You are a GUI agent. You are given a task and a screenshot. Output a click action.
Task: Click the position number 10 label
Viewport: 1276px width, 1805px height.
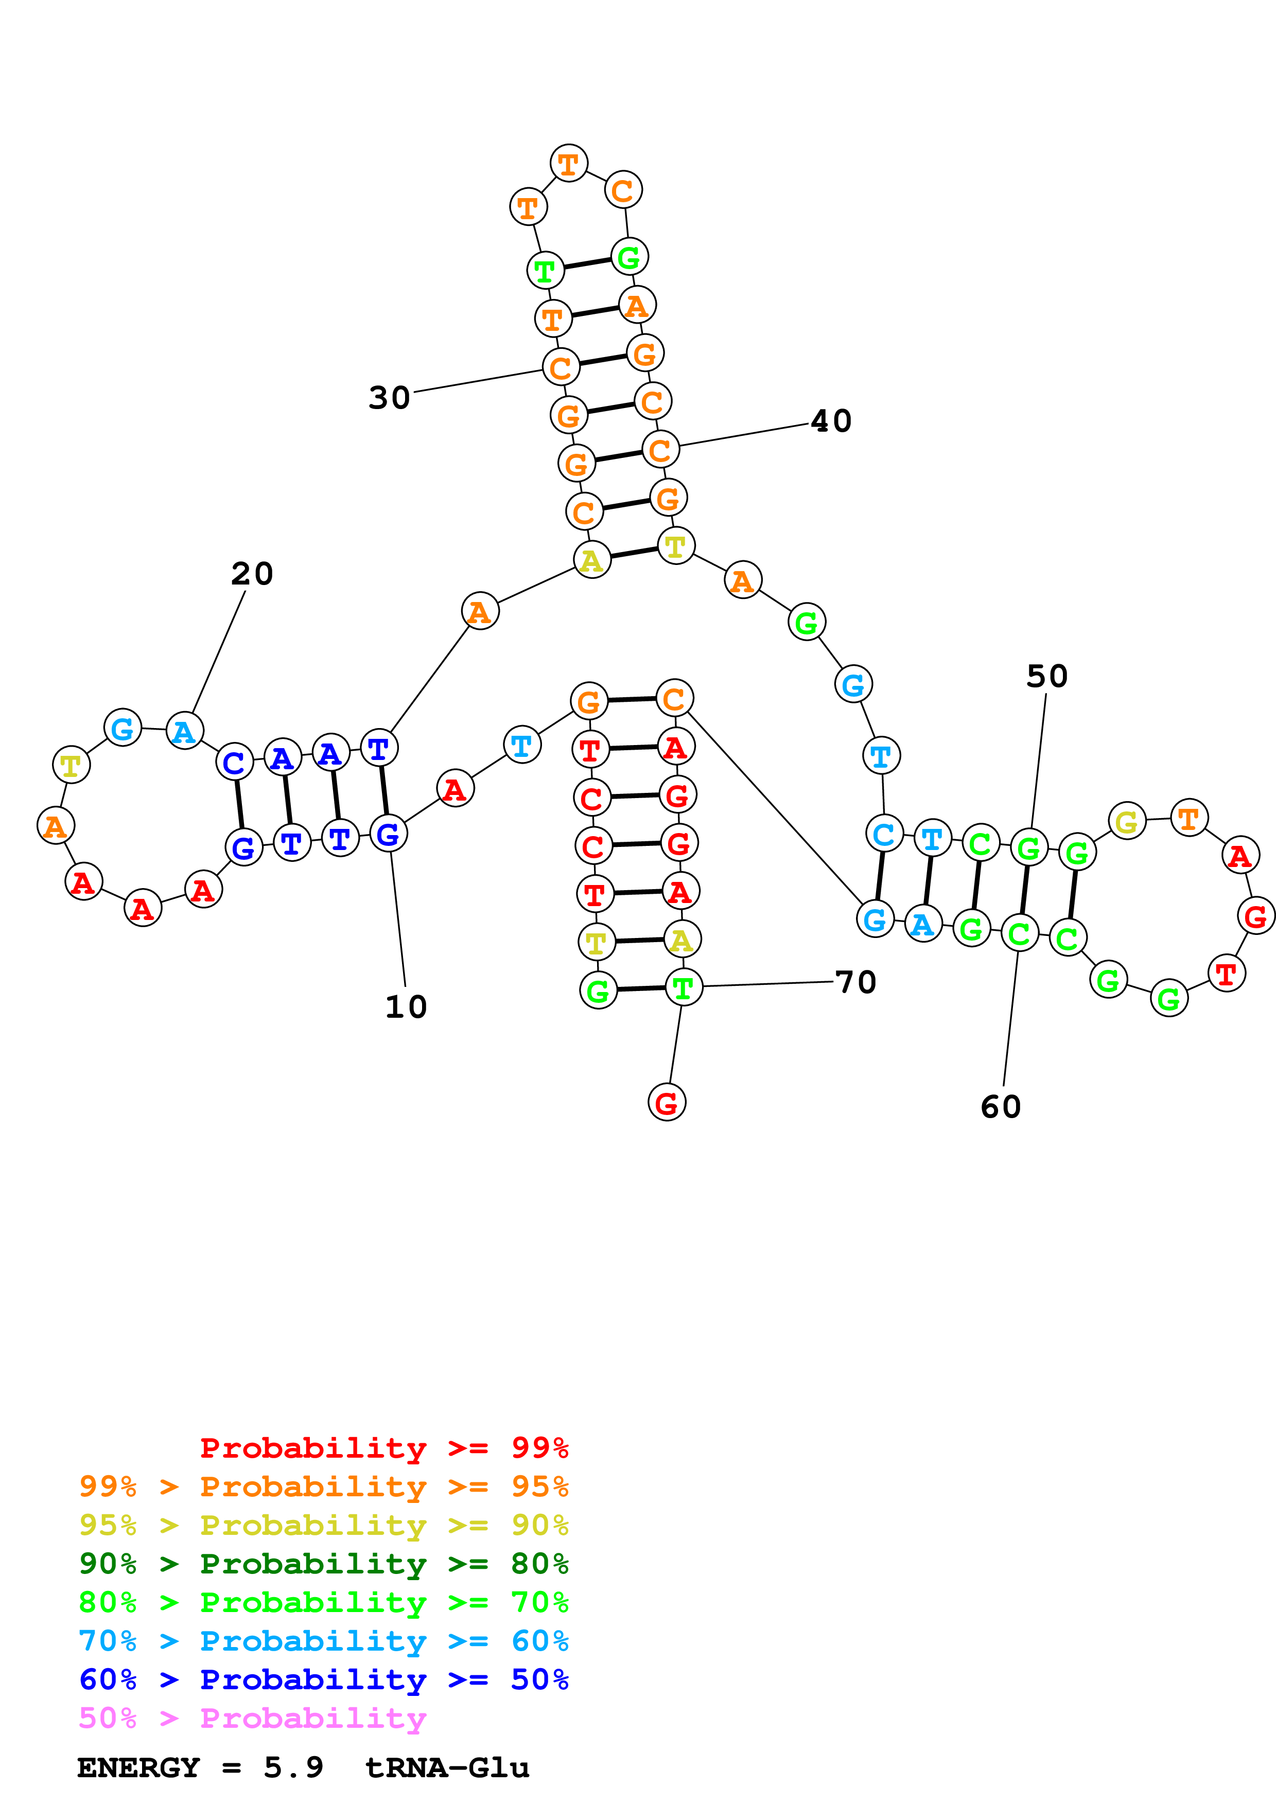(406, 1007)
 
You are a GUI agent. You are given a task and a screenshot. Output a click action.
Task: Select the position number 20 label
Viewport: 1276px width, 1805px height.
(252, 574)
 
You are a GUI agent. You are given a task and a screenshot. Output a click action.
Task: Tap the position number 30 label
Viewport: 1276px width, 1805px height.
(389, 398)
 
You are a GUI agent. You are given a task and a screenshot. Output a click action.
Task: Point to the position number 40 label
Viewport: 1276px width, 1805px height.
(831, 421)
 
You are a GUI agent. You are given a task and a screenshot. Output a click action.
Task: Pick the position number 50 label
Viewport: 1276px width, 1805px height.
(1046, 676)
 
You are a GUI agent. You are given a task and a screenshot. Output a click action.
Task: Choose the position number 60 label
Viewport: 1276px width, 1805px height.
(1000, 1107)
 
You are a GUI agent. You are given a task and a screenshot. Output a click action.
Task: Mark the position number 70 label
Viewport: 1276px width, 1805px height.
(855, 982)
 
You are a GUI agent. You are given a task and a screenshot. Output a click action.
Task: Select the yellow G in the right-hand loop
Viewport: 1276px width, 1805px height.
(1127, 822)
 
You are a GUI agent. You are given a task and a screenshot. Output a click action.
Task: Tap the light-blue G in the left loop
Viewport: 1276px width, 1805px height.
(123, 728)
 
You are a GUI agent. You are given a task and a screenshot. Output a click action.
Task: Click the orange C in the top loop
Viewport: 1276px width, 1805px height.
(623, 190)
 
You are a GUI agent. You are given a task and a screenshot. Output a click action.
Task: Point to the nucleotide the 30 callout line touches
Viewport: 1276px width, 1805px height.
(561, 367)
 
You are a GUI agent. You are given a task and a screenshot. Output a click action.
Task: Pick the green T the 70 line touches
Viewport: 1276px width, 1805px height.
(683, 987)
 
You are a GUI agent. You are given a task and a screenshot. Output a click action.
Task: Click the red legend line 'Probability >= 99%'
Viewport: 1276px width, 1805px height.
(383, 1447)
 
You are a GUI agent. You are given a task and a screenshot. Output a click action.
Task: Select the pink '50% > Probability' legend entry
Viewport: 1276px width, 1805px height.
(252, 1718)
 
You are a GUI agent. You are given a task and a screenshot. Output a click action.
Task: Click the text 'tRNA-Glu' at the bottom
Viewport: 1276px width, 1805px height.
(447, 1768)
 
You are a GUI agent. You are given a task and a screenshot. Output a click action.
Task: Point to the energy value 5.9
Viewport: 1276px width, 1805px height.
(293, 1768)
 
